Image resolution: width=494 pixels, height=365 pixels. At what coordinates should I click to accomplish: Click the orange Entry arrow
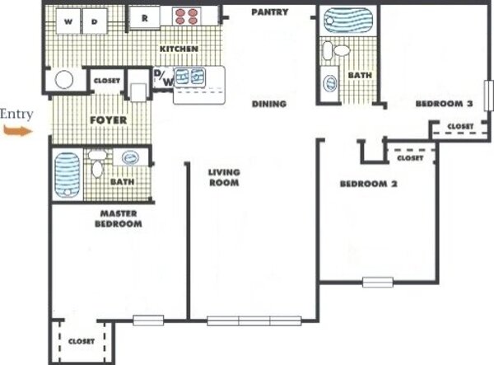(x=18, y=130)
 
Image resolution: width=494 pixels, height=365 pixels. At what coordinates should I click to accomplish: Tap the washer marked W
(x=68, y=21)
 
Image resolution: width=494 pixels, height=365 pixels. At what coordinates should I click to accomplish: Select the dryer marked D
(x=95, y=21)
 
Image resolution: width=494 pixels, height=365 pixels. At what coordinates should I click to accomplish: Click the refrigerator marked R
(x=145, y=17)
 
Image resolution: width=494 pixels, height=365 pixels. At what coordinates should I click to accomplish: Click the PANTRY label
(x=270, y=12)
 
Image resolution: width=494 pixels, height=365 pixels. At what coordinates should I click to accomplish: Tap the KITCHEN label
(x=179, y=49)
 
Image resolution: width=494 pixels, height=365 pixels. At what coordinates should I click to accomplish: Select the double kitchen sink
(x=189, y=77)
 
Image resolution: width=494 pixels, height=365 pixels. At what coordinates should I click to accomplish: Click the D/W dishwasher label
(x=164, y=77)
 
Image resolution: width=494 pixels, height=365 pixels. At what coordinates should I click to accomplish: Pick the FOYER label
(x=108, y=119)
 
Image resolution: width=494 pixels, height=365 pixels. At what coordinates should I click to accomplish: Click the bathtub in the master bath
(x=67, y=175)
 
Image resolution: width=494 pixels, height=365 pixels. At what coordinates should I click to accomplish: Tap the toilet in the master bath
(x=97, y=164)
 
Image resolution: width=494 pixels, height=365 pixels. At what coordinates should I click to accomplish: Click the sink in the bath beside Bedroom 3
(x=330, y=83)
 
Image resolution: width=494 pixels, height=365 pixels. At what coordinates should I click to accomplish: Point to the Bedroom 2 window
(x=377, y=282)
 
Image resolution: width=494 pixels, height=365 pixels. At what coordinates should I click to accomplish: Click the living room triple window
(x=254, y=321)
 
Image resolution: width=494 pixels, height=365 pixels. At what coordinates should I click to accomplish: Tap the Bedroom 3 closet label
(x=460, y=126)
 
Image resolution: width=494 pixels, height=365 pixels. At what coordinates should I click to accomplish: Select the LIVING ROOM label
(x=224, y=177)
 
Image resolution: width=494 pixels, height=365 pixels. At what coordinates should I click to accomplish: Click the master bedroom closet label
(x=82, y=341)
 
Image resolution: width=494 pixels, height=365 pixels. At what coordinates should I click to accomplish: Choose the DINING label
(x=269, y=104)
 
